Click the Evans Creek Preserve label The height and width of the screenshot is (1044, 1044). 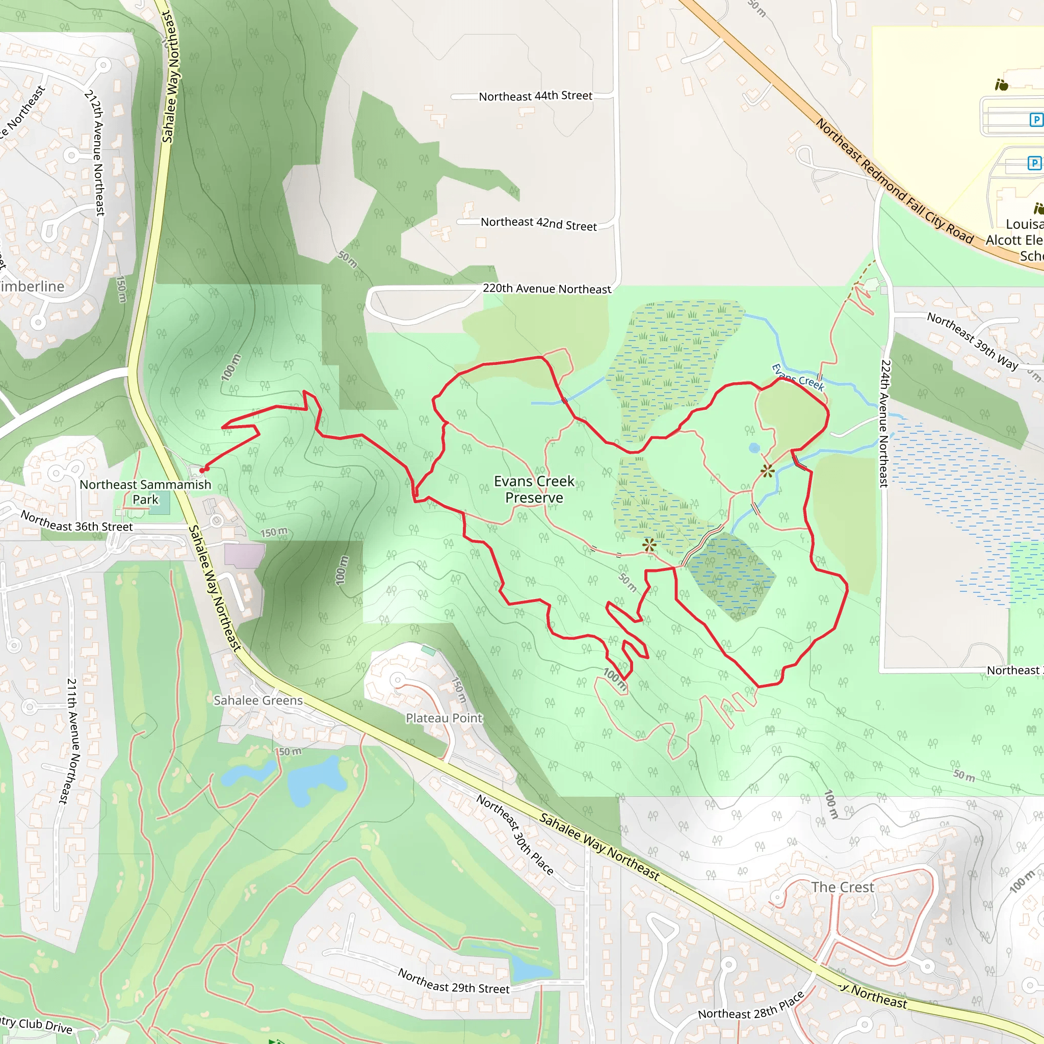coord(534,489)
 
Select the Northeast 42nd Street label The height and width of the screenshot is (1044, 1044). coord(538,224)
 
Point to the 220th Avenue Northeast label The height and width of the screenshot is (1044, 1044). coord(546,289)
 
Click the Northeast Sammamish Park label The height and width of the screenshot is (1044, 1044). coord(145,492)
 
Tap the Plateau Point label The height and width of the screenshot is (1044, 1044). coord(443,718)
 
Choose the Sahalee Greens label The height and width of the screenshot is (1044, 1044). coord(258,700)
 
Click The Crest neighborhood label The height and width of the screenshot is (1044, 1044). coord(843,888)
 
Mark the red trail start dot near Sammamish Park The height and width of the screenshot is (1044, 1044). coord(202,470)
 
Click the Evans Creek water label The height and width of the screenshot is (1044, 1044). coord(798,377)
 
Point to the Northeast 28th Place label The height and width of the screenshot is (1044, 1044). coord(751,1006)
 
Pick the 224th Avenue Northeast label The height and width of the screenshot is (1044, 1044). coord(884,424)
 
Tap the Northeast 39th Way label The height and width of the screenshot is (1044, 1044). coord(972,341)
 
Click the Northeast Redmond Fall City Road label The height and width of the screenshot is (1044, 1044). coord(894,182)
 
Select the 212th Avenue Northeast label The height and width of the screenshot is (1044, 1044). coord(95,153)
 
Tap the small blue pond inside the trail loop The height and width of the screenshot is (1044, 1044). coord(754,448)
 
